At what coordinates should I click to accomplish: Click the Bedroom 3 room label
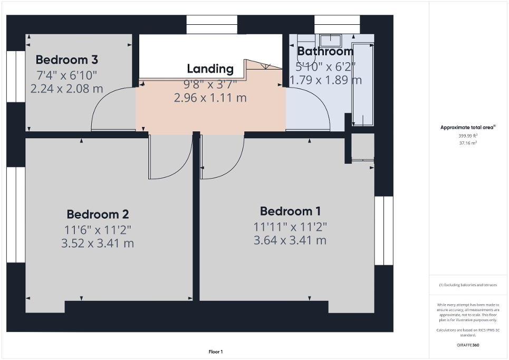click(x=67, y=60)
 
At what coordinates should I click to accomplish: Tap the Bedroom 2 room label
click(x=98, y=215)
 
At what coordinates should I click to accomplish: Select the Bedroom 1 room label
click(x=290, y=211)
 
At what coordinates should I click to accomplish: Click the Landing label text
click(x=210, y=69)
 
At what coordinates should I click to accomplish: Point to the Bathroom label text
click(x=325, y=51)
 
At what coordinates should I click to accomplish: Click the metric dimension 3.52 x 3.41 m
click(x=98, y=244)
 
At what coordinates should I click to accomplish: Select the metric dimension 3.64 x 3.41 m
click(x=290, y=240)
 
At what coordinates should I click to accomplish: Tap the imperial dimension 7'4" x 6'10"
click(x=67, y=75)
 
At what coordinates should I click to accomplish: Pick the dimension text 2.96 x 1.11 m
click(x=210, y=98)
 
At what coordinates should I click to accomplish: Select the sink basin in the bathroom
click(x=330, y=40)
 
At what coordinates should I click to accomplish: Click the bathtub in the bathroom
click(x=363, y=84)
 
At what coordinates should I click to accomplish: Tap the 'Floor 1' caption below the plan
click(x=215, y=352)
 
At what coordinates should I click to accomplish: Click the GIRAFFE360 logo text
click(x=468, y=345)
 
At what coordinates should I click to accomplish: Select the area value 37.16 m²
click(x=468, y=143)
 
